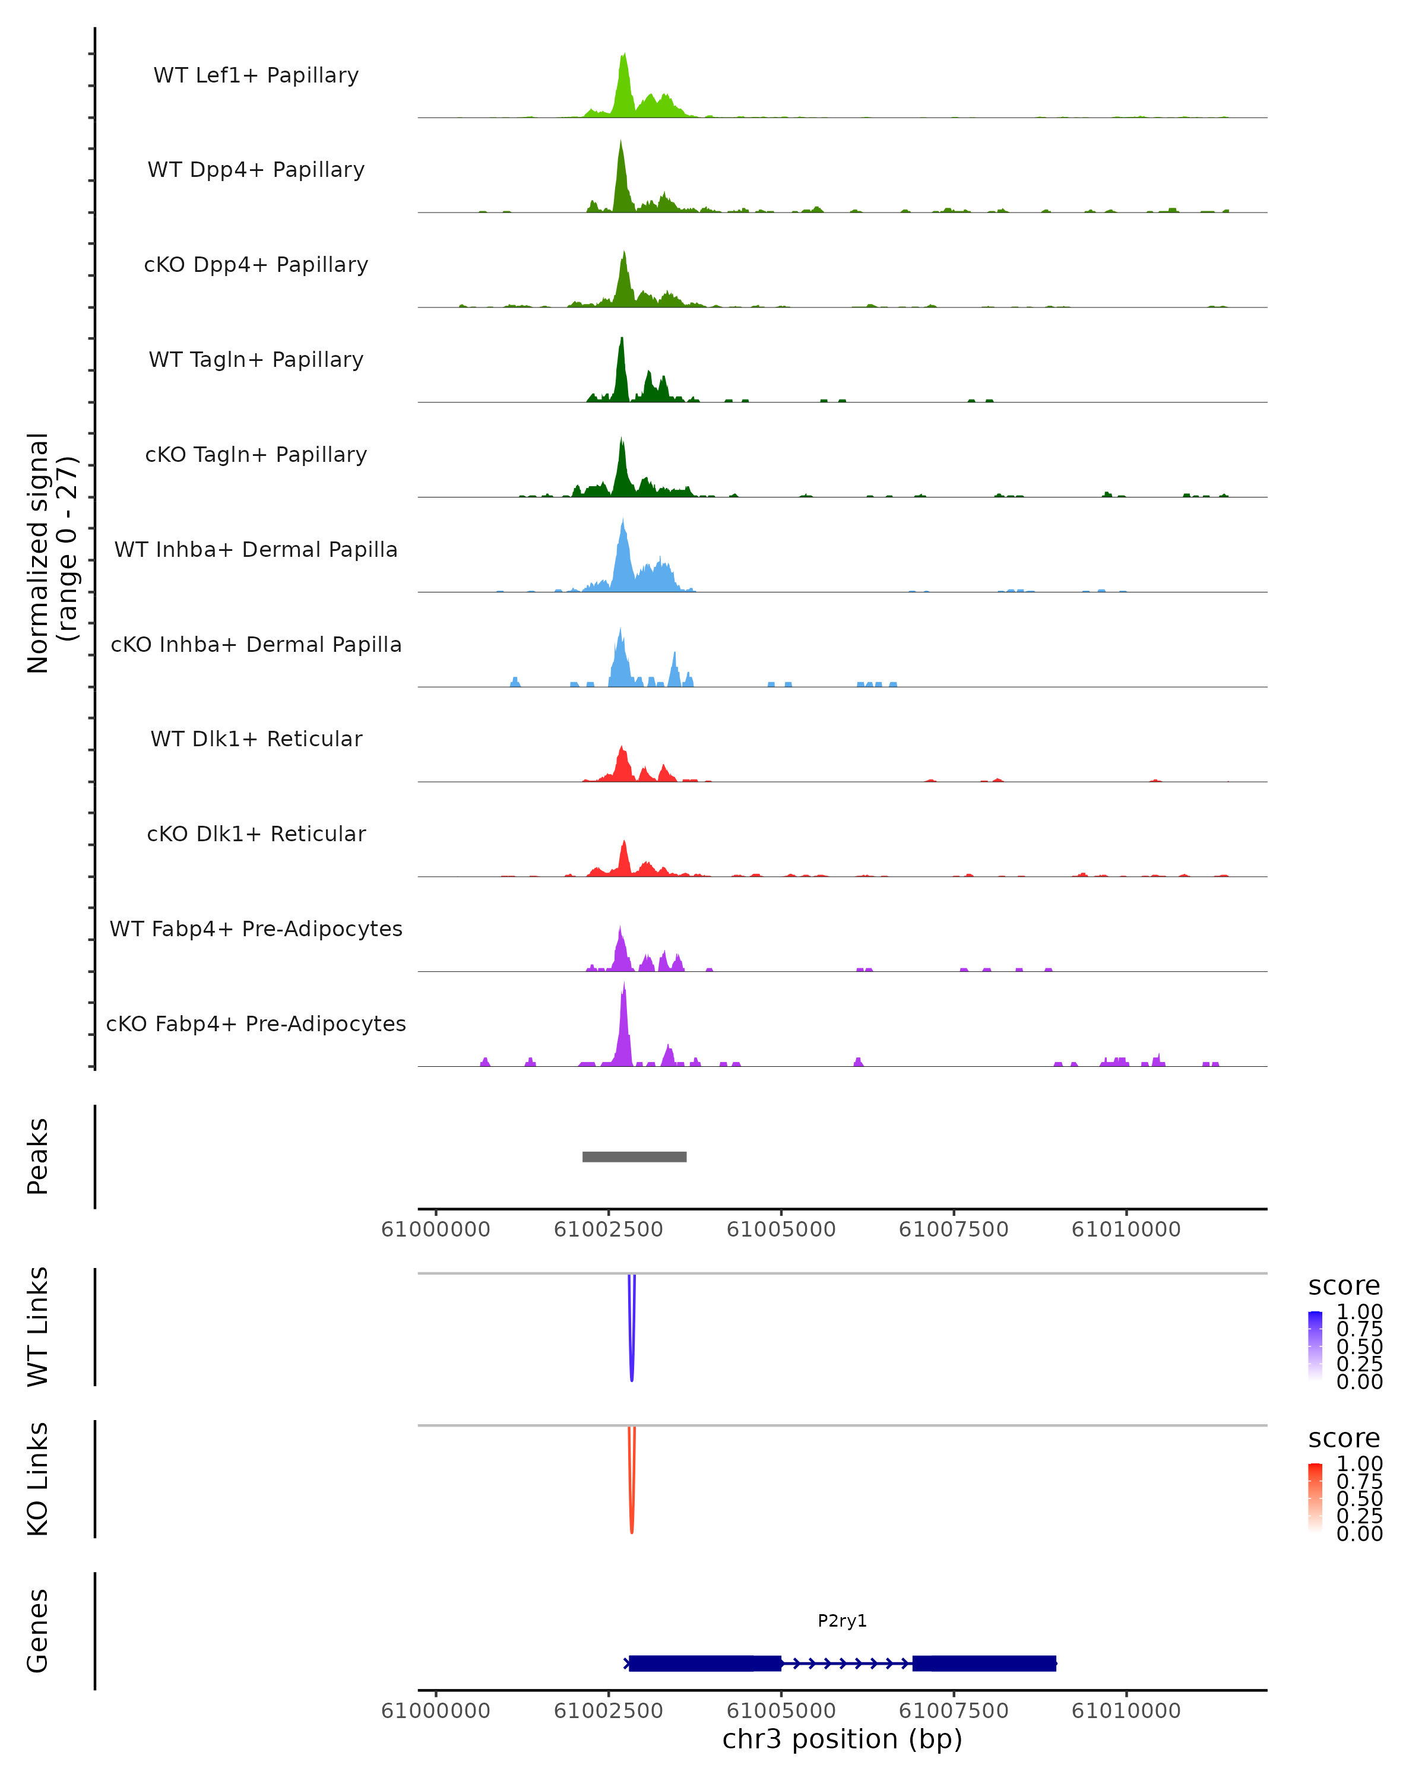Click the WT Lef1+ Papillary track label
256,75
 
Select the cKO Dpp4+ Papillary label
256,264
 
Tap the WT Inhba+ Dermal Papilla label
256,549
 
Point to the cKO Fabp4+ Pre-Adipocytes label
256,1023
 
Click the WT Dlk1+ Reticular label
256,739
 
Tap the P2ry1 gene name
842,1621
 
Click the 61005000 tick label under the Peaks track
781,1229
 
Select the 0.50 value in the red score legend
1359,1498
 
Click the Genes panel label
38,1631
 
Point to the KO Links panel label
38,1479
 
